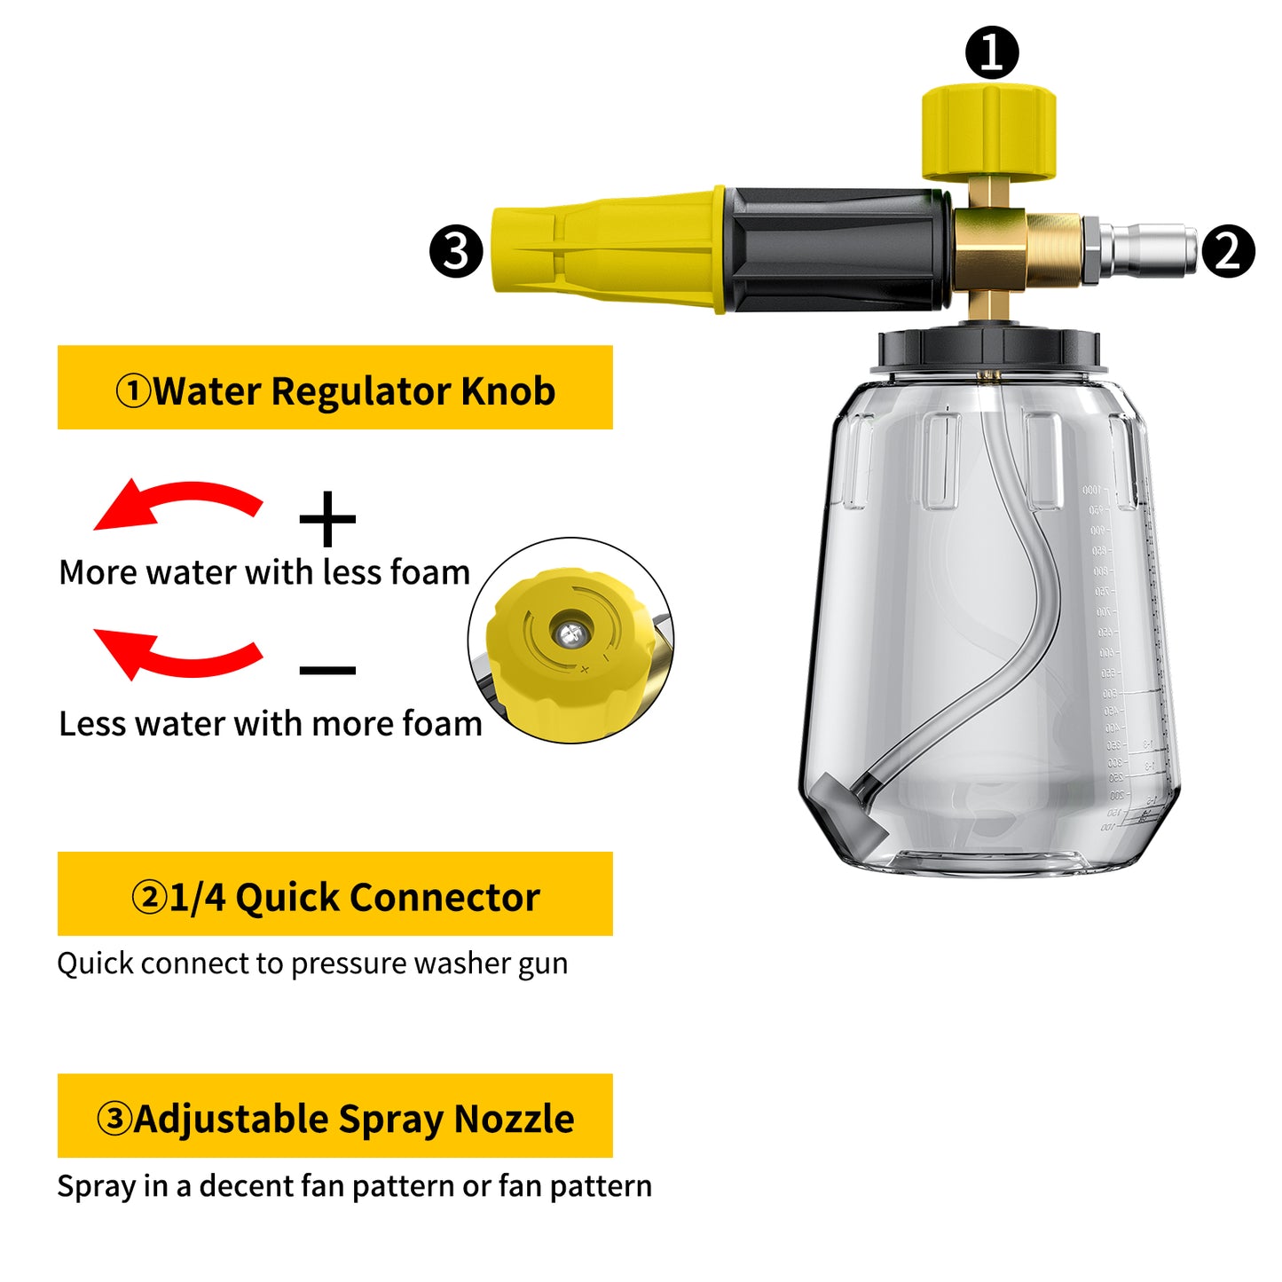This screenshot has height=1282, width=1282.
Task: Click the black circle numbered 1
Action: pos(992,52)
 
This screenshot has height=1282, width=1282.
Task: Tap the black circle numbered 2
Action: pos(1228,251)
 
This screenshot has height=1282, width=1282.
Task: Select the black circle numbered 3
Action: pos(456,251)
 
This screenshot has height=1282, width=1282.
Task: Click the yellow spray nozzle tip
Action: pos(603,250)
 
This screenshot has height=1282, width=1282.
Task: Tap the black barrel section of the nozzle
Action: pos(834,250)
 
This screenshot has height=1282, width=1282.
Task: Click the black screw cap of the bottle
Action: pos(988,350)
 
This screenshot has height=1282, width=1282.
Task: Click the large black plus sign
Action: pos(327,519)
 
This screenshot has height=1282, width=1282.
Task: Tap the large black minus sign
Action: pos(327,670)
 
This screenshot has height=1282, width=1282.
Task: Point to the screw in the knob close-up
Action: pos(569,633)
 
